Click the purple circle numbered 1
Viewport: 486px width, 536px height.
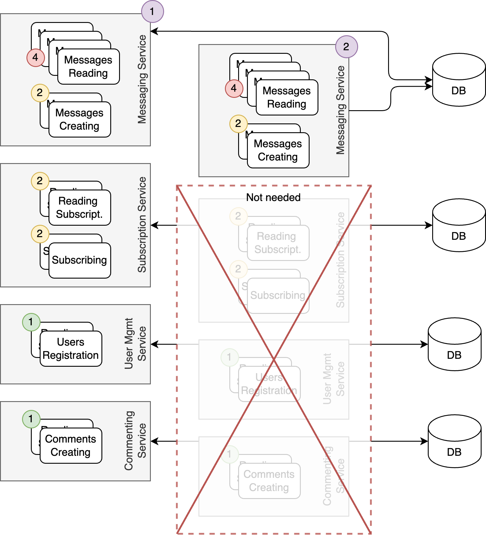[152, 11]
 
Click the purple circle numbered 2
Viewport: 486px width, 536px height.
[346, 47]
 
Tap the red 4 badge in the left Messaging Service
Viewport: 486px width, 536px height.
[36, 58]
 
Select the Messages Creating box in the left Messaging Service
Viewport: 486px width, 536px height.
[80, 119]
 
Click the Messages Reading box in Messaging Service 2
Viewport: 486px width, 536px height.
[287, 97]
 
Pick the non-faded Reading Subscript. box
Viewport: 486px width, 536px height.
[80, 207]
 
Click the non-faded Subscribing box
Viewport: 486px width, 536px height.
[80, 260]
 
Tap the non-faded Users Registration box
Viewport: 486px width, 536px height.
[71, 349]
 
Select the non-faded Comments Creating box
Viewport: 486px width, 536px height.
[71, 445]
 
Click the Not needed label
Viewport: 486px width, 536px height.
[273, 197]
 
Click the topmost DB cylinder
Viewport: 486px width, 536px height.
[459, 80]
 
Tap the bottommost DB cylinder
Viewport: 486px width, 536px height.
[454, 441]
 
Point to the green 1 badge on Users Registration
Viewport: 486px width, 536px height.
[31, 322]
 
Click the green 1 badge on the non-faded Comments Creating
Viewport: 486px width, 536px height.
[31, 419]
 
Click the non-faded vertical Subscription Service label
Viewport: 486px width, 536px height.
[142, 225]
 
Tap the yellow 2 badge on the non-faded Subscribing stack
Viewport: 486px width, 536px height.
[40, 234]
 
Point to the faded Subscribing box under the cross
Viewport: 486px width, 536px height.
[278, 295]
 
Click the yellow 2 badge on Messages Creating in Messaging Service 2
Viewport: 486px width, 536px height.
[238, 124]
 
